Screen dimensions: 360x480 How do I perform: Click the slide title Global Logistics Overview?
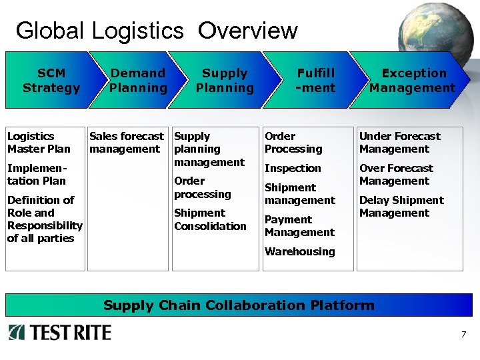[156, 31]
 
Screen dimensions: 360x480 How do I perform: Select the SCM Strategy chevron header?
[51, 81]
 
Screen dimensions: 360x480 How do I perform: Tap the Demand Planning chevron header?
[138, 81]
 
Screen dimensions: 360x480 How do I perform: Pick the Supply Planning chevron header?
[225, 81]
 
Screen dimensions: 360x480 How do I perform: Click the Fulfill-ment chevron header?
[316, 81]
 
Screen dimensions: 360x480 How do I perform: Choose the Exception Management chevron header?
[413, 81]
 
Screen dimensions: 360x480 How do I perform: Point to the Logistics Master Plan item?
[39, 143]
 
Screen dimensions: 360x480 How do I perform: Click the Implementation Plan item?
[36, 175]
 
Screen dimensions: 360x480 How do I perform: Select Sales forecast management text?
[126, 143]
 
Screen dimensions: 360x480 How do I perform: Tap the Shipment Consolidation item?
[210, 219]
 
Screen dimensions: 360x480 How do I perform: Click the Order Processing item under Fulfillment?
[293, 143]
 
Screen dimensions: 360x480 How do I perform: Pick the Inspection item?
[293, 169]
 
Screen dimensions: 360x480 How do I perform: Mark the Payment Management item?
[299, 226]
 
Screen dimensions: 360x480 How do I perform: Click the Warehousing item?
[299, 251]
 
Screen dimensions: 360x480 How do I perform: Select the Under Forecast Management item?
[399, 143]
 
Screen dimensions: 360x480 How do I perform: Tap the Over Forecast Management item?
[396, 175]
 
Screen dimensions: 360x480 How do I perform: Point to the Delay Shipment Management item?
[401, 207]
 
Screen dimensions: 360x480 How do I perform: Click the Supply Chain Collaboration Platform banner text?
[239, 305]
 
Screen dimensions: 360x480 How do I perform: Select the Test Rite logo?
[60, 332]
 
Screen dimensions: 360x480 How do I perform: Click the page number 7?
[463, 335]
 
